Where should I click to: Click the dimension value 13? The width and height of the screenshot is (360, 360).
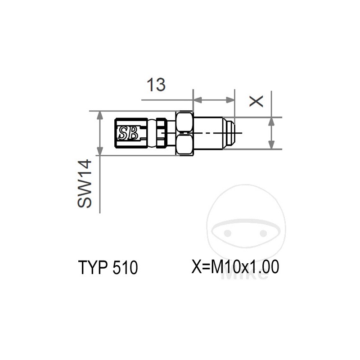(x=156, y=84)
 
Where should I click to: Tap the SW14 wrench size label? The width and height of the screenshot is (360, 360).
(x=85, y=184)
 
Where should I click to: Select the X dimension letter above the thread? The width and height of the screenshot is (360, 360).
(x=256, y=101)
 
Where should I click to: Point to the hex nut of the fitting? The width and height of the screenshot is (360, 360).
(x=185, y=133)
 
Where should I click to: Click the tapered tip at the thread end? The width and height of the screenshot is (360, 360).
(x=229, y=133)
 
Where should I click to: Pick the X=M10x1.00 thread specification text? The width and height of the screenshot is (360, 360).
(x=235, y=267)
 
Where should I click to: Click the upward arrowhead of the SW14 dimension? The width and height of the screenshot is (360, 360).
(x=99, y=116)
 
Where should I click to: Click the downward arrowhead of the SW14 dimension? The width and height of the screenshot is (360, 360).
(x=99, y=151)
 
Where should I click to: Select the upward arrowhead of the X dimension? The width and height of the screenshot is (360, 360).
(x=271, y=121)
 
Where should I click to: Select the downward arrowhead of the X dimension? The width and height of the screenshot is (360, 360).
(x=271, y=145)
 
